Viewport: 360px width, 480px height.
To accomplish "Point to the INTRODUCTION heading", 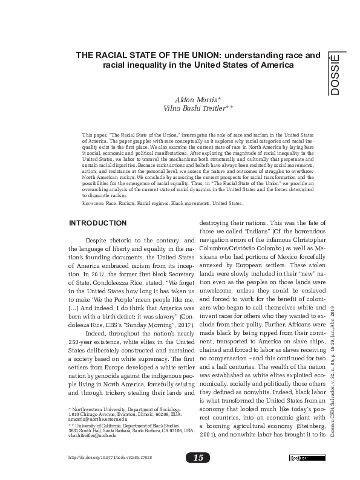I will (97, 223).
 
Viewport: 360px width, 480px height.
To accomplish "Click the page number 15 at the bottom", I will (198, 457).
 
